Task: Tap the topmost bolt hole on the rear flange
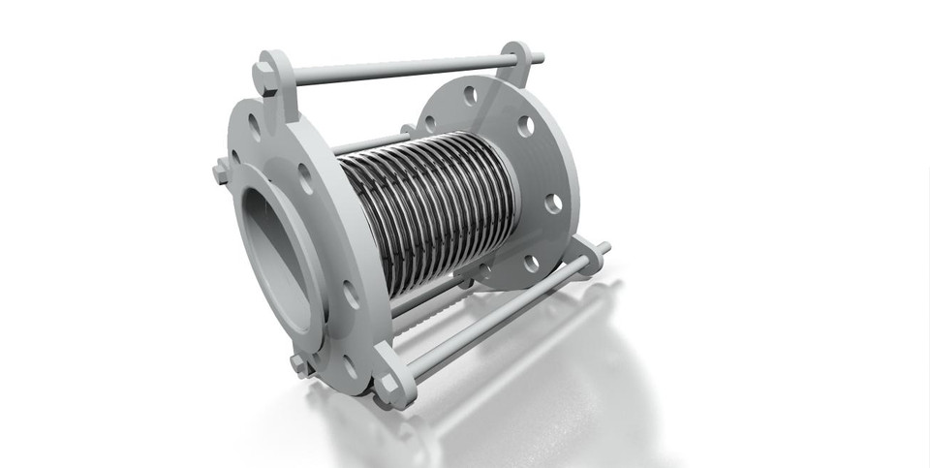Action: tap(470, 96)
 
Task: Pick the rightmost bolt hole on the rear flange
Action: tap(553, 203)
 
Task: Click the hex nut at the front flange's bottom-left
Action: tap(301, 365)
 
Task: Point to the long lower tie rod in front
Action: tap(504, 311)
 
